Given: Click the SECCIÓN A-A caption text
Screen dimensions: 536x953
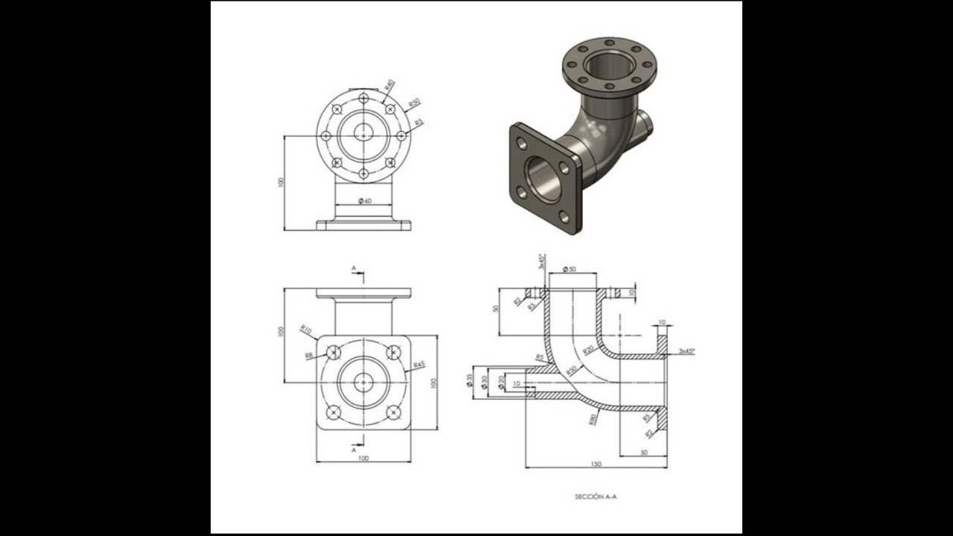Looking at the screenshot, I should click(x=595, y=496).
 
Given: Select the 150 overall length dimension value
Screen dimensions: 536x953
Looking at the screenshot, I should click(x=596, y=464).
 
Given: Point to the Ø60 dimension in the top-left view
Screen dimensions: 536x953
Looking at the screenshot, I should click(x=364, y=201).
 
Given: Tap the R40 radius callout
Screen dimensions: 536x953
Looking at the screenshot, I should click(x=389, y=86).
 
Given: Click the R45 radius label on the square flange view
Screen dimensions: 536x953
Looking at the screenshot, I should click(x=418, y=366).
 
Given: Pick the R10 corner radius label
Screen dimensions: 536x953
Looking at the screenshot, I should click(x=305, y=328).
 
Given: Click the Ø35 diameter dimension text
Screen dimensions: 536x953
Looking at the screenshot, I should click(x=470, y=380).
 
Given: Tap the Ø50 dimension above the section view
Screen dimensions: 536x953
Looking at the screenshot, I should click(x=570, y=269).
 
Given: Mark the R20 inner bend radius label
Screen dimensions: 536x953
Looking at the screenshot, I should click(x=588, y=350).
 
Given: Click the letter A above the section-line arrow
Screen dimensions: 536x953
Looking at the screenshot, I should click(x=354, y=267).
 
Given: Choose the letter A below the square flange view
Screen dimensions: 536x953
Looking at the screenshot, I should click(x=354, y=450).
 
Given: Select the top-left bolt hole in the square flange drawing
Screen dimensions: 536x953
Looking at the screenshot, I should click(x=334, y=352).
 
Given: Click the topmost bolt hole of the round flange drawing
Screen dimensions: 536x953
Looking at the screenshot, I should click(x=363, y=98).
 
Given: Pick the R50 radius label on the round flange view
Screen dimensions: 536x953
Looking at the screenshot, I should click(x=414, y=103).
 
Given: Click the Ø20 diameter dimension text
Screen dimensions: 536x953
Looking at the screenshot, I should click(x=501, y=381).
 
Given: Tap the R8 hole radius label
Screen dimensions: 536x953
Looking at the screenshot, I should click(x=309, y=356).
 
